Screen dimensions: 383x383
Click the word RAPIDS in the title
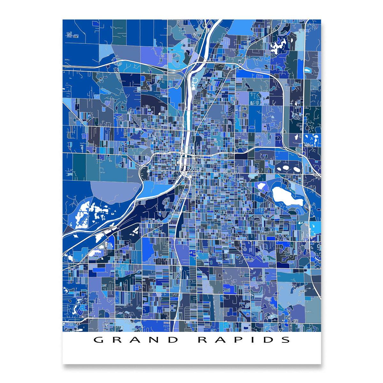244,340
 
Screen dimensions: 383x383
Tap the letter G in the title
99,340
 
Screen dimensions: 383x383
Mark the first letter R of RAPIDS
203,340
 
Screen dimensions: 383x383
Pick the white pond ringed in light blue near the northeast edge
308,70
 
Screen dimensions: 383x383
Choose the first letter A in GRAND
136,340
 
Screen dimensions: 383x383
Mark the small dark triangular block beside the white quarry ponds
68,229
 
